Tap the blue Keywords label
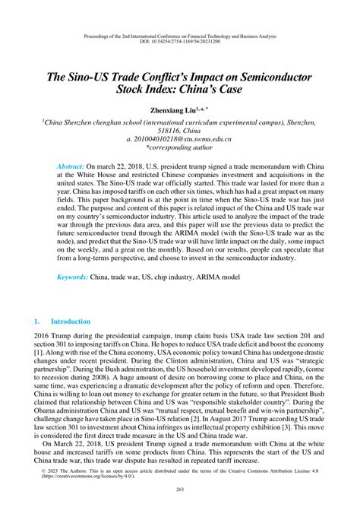pyautogui.click(x=72, y=277)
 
